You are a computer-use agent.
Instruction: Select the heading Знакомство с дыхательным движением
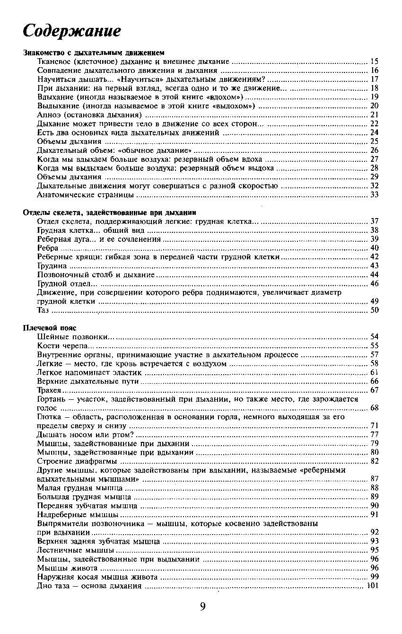click(x=94, y=53)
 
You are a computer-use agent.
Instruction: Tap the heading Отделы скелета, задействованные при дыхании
click(x=110, y=213)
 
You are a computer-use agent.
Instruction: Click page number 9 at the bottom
click(x=202, y=607)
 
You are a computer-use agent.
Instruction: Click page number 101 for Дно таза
click(x=373, y=586)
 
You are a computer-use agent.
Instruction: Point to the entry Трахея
click(x=49, y=390)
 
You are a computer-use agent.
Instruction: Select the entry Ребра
click(x=47, y=248)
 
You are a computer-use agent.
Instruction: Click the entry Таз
click(x=42, y=310)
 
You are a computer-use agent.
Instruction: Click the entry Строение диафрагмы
click(x=76, y=461)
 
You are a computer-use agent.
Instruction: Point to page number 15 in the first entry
click(x=375, y=62)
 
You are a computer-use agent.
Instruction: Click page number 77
click(x=375, y=434)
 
